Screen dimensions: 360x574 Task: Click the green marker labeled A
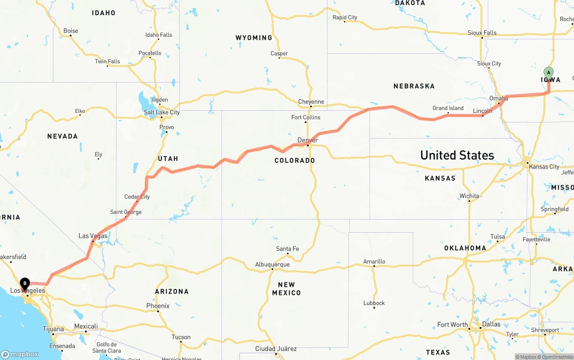pos(548,73)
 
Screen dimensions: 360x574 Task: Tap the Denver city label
pos(308,140)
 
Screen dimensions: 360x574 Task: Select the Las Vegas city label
pos(93,236)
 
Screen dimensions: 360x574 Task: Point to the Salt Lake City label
pos(162,112)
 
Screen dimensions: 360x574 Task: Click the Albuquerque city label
pos(272,265)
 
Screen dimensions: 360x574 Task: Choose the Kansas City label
pos(544,167)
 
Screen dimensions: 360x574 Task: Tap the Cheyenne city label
pos(311,102)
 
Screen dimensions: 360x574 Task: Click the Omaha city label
pos(499,98)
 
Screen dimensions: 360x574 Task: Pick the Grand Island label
pos(448,108)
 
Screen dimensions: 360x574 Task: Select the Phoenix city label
pos(158,306)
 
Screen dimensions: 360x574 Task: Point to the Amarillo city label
pos(374,261)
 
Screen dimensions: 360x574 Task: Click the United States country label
pos(457,155)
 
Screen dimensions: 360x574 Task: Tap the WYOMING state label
pos(254,38)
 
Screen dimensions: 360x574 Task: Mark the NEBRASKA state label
pos(414,86)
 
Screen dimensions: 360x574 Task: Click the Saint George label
pos(126,212)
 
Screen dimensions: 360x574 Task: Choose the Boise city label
pos(70,31)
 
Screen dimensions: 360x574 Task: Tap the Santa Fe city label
pos(287,249)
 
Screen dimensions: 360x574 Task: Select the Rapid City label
pos(345,17)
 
